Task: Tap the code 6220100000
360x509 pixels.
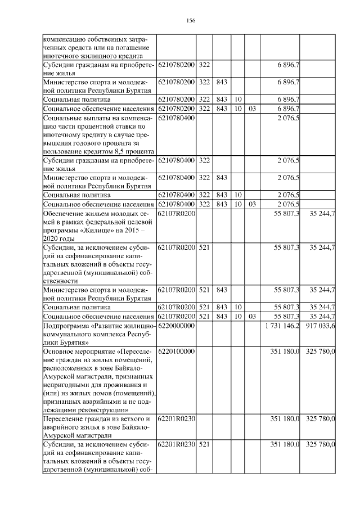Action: click(176, 351)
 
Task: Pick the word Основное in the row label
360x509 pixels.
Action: click(59, 351)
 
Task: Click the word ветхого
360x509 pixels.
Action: click(134, 418)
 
